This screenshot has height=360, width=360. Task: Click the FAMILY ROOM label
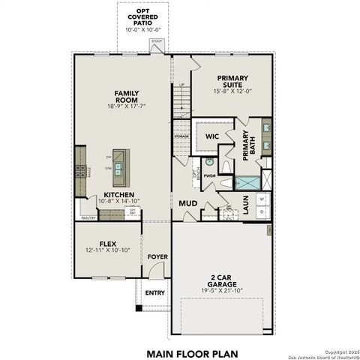click(127, 96)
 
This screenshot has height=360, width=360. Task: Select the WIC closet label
click(212, 136)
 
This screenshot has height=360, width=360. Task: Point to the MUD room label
click(187, 202)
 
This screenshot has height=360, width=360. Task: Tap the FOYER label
click(157, 257)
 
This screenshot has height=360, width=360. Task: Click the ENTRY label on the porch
click(155, 293)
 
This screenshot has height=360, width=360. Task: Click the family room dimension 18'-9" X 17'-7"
click(127, 106)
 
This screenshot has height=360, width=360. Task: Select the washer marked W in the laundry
click(262, 199)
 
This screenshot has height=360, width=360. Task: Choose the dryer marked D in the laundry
click(262, 212)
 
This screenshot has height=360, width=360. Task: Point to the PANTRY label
click(88, 218)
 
